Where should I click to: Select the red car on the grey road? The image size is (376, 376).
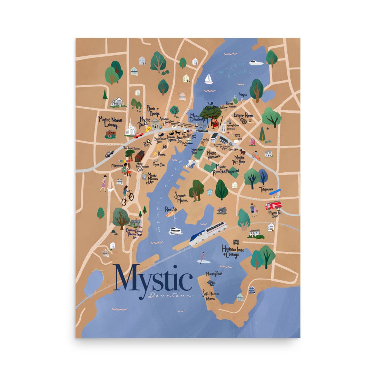(x=139, y=135)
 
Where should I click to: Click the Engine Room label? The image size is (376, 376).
(x=243, y=115)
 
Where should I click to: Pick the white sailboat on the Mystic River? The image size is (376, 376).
(x=209, y=79)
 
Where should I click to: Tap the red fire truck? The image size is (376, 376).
(x=274, y=205)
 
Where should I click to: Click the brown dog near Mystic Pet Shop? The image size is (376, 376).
(x=242, y=152)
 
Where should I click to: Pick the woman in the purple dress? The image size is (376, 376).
(x=103, y=183)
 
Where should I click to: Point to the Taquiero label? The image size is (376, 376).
(x=266, y=189)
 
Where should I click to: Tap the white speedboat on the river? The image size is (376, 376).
(x=256, y=63)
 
